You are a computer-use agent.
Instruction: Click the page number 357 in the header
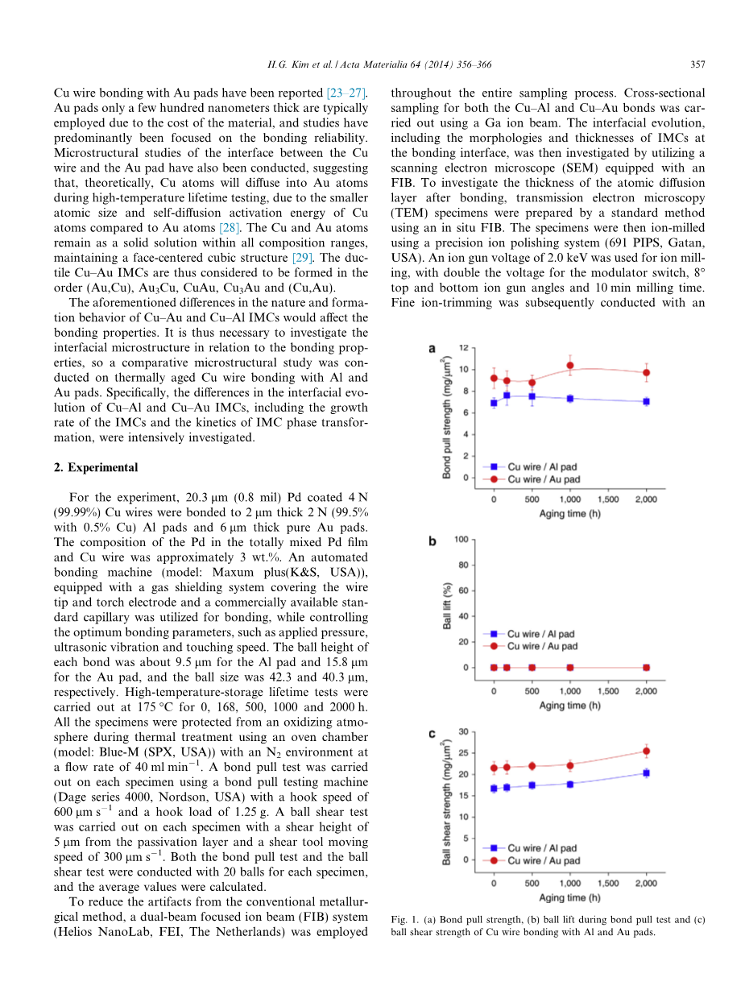(697, 65)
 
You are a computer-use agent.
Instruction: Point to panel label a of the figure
(433, 350)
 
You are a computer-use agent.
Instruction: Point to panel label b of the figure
(433, 541)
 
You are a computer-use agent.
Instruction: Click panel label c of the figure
(433, 733)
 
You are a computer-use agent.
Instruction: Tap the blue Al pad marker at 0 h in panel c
(494, 789)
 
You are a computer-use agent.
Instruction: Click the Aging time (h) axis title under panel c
(570, 897)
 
